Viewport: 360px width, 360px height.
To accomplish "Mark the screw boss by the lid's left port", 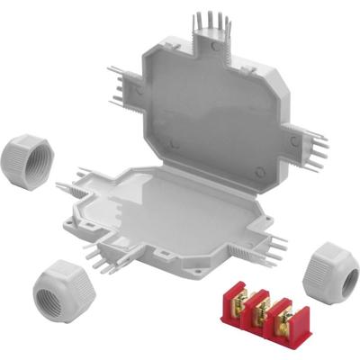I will pos(141,91).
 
